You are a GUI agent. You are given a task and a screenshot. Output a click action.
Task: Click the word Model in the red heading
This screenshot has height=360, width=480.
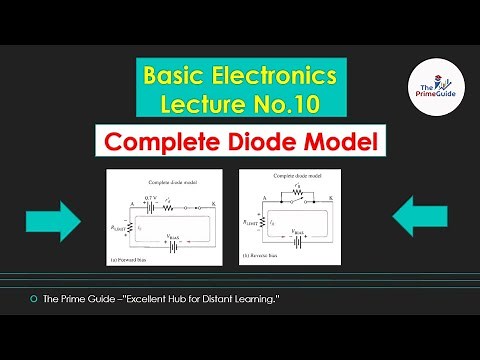(x=346, y=143)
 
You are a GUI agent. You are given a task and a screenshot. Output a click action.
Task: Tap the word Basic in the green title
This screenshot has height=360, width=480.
(x=172, y=75)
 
